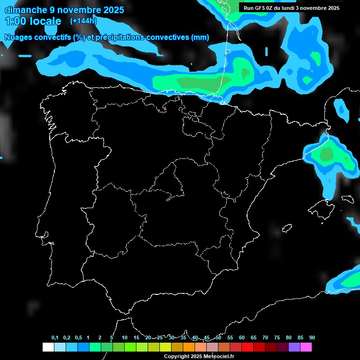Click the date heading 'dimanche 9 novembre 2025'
(64, 10)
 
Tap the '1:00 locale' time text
(33, 21)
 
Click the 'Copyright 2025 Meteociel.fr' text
(199, 356)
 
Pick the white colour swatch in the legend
(48, 347)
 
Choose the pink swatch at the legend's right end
(306, 347)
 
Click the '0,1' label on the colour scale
(55, 338)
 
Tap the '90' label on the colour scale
(312, 338)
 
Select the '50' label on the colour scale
(218, 338)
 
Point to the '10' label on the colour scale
(125, 338)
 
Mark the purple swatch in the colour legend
(294, 347)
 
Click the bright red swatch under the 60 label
(247, 347)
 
